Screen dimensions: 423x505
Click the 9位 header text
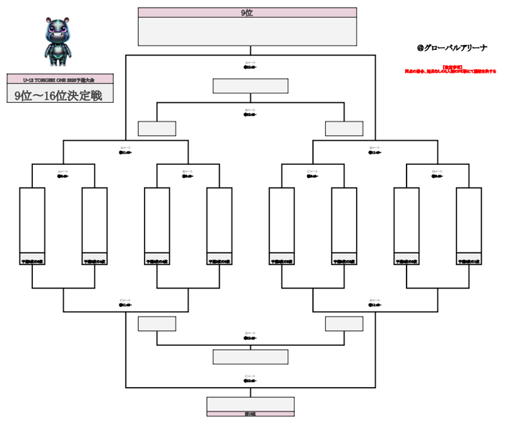coord(247,12)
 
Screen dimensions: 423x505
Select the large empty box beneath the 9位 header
coord(247,31)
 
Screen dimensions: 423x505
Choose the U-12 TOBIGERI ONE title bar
coord(60,79)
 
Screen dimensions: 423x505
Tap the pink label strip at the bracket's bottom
coord(251,414)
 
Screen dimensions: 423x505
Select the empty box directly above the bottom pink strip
coord(251,403)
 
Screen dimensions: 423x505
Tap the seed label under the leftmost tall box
coord(32,261)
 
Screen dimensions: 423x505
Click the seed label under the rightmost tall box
coord(469,261)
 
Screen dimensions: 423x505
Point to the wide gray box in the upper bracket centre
coord(251,86)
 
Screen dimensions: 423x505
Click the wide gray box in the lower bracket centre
coord(251,357)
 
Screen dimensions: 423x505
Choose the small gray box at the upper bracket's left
coord(157,128)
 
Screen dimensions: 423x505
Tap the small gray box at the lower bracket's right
coord(344,324)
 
